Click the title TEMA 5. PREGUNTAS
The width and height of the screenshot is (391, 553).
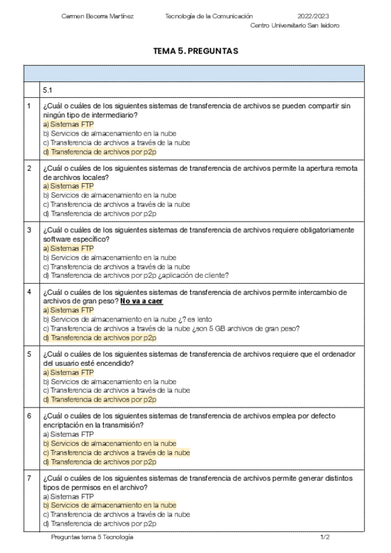tap(195, 50)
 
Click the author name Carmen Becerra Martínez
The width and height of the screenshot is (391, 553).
tap(97, 16)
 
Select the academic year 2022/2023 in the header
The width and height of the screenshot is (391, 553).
tap(314, 16)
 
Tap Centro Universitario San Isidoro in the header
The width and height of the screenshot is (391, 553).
tap(295, 25)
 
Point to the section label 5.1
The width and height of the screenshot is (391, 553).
tap(48, 89)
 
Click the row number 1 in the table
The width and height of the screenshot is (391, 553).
tap(29, 106)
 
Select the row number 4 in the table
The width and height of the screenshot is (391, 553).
tap(29, 291)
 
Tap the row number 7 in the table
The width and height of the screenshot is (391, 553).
tap(29, 478)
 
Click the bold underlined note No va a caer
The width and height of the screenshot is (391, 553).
tap(141, 301)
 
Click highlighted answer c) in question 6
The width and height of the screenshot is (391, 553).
tap(116, 452)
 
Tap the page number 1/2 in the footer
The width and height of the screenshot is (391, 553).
tap(325, 537)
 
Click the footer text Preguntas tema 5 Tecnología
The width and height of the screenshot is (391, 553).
tap(92, 537)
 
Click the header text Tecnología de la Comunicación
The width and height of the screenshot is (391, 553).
tap(209, 16)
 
